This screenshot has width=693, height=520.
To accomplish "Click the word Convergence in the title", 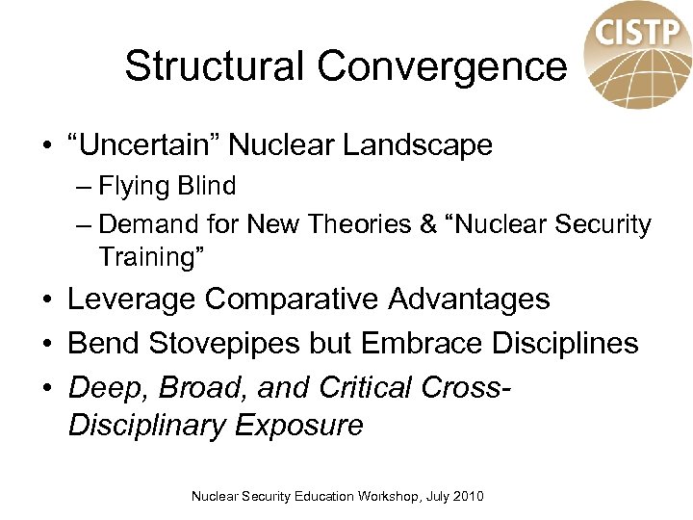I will (x=442, y=66).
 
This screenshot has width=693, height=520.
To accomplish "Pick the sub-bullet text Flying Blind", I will (x=167, y=185).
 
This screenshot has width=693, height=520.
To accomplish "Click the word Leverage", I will (x=131, y=299).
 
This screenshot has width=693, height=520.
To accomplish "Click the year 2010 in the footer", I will (x=468, y=497).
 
